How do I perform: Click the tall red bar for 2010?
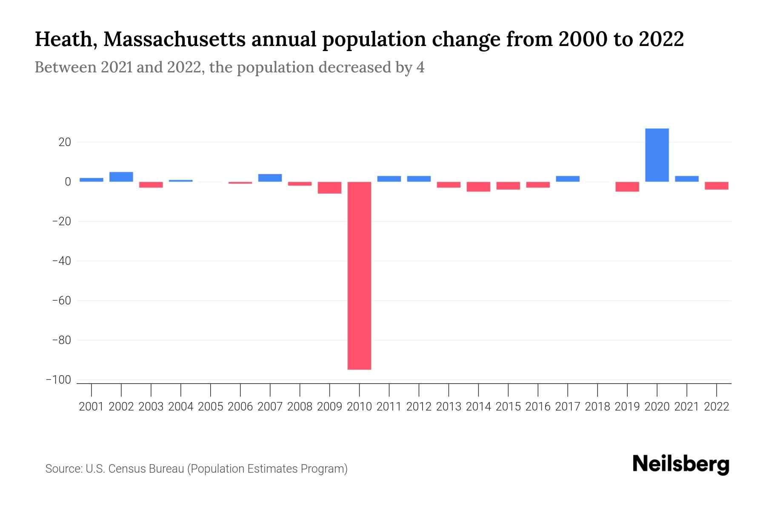(359, 276)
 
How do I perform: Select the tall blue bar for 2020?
(657, 155)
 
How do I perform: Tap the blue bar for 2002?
(121, 177)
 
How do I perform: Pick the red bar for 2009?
(329, 188)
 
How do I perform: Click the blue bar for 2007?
(270, 178)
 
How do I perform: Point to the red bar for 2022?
(716, 186)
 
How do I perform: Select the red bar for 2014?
(478, 187)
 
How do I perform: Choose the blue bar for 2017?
(567, 179)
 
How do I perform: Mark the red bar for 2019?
(627, 187)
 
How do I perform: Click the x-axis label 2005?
(211, 407)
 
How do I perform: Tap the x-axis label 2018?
(597, 407)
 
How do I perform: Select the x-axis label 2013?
(449, 407)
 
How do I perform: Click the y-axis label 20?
(65, 142)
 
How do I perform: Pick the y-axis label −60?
(61, 301)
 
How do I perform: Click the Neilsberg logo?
(681, 464)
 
